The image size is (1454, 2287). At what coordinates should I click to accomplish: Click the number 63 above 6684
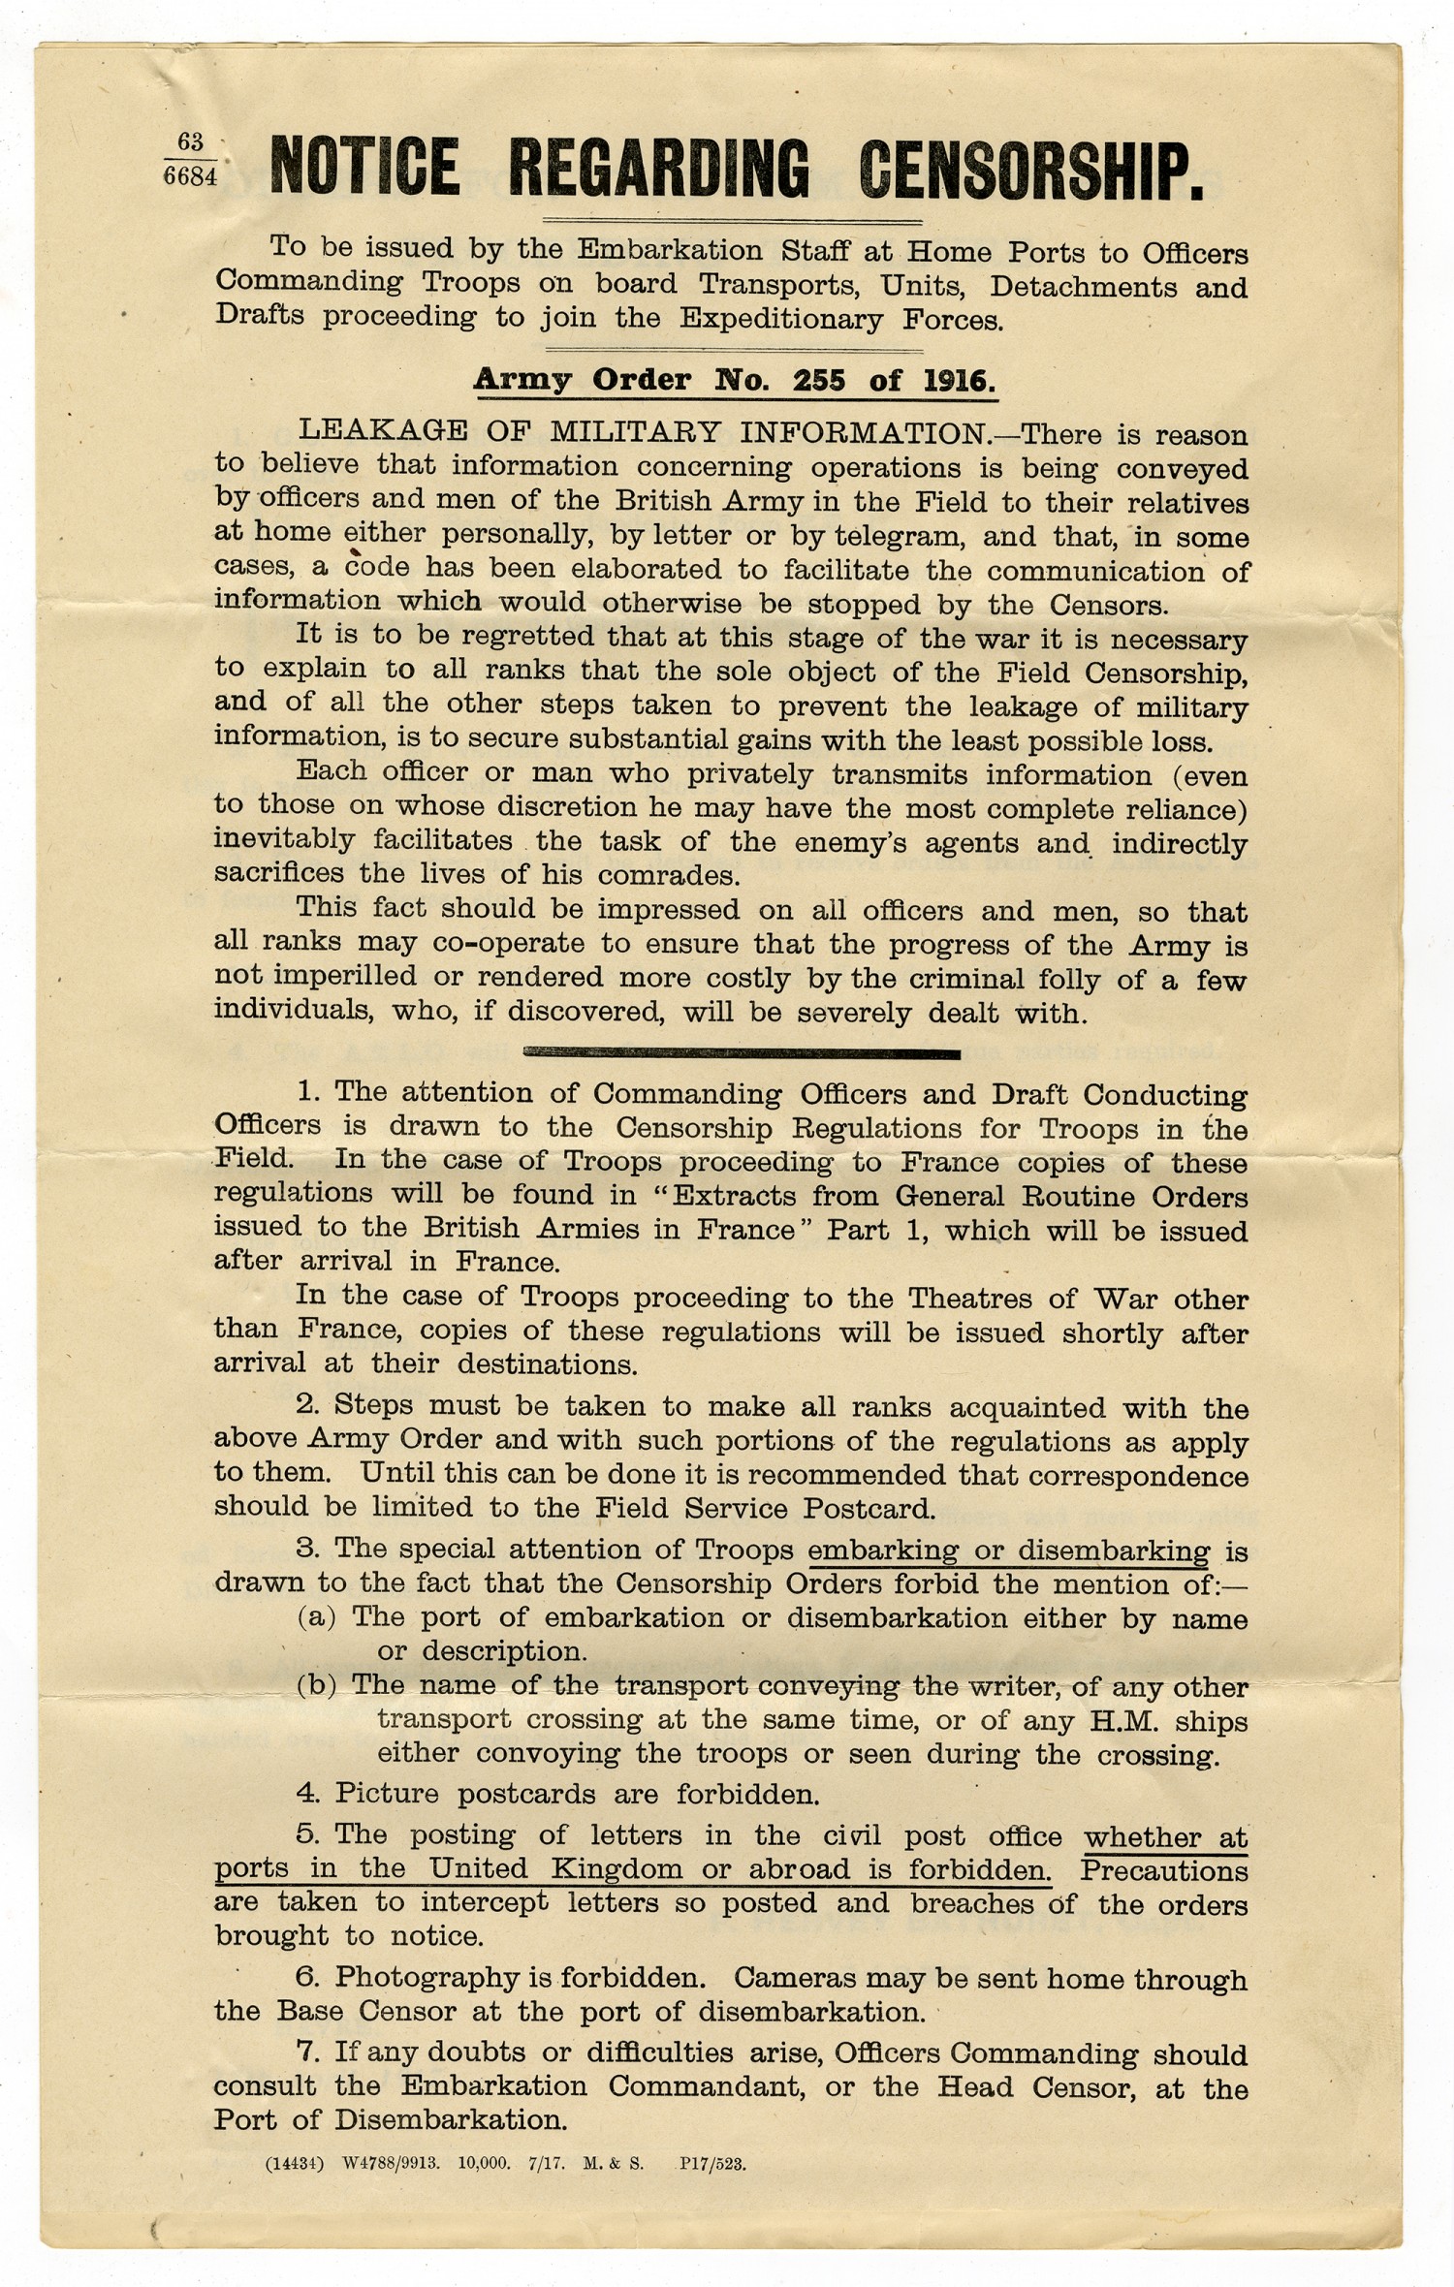[x=191, y=142]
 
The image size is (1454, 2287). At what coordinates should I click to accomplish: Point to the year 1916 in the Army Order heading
[x=958, y=380]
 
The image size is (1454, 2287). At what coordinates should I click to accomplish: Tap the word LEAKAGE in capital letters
[x=382, y=430]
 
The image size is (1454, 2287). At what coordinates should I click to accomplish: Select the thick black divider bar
[x=742, y=1052]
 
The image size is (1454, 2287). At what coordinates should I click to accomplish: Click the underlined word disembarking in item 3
[x=1109, y=1551]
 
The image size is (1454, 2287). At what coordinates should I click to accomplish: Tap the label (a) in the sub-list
[x=316, y=1617]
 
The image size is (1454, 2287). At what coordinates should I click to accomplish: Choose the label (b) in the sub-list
[x=316, y=1685]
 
